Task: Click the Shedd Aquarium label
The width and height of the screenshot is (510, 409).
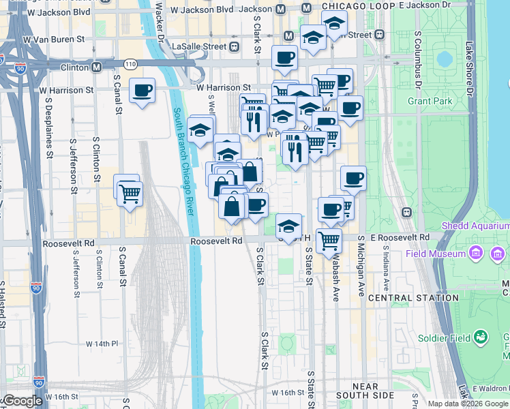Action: tap(475, 225)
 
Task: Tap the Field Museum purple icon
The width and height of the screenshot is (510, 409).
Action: tap(495, 254)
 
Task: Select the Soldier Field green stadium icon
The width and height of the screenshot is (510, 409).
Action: tap(481, 337)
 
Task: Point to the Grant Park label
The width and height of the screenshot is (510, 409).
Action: tap(430, 101)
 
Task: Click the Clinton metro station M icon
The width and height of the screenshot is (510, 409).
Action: tap(97, 67)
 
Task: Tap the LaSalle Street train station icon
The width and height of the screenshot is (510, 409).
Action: tap(234, 46)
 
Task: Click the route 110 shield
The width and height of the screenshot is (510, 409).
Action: tap(130, 64)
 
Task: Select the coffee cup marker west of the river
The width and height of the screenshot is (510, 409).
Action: tap(142, 91)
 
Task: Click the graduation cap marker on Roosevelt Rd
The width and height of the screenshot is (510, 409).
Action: tap(289, 226)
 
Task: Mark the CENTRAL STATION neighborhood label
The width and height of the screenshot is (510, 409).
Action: tap(413, 298)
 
